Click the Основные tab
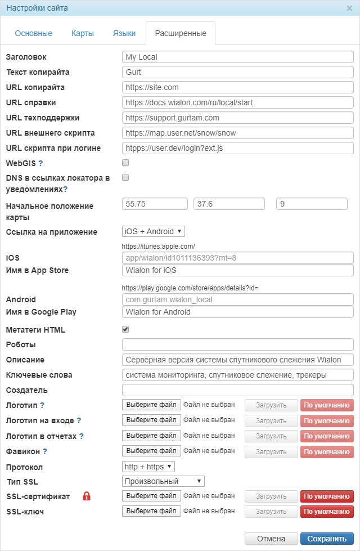[34, 33]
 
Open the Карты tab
[83, 33]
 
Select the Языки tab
[124, 33]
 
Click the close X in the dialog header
[349, 8]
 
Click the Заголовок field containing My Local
[237, 57]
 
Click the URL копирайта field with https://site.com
[237, 87]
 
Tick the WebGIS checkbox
[125, 163]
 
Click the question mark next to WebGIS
[40, 163]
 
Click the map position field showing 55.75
[155, 203]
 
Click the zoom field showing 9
[312, 203]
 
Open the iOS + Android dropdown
[153, 231]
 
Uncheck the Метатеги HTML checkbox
[125, 329]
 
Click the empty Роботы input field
[237, 344]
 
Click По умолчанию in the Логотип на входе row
[327, 420]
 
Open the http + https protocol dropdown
[148, 466]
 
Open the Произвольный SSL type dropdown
[163, 481]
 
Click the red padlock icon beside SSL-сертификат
[87, 496]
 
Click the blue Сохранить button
[327, 539]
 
